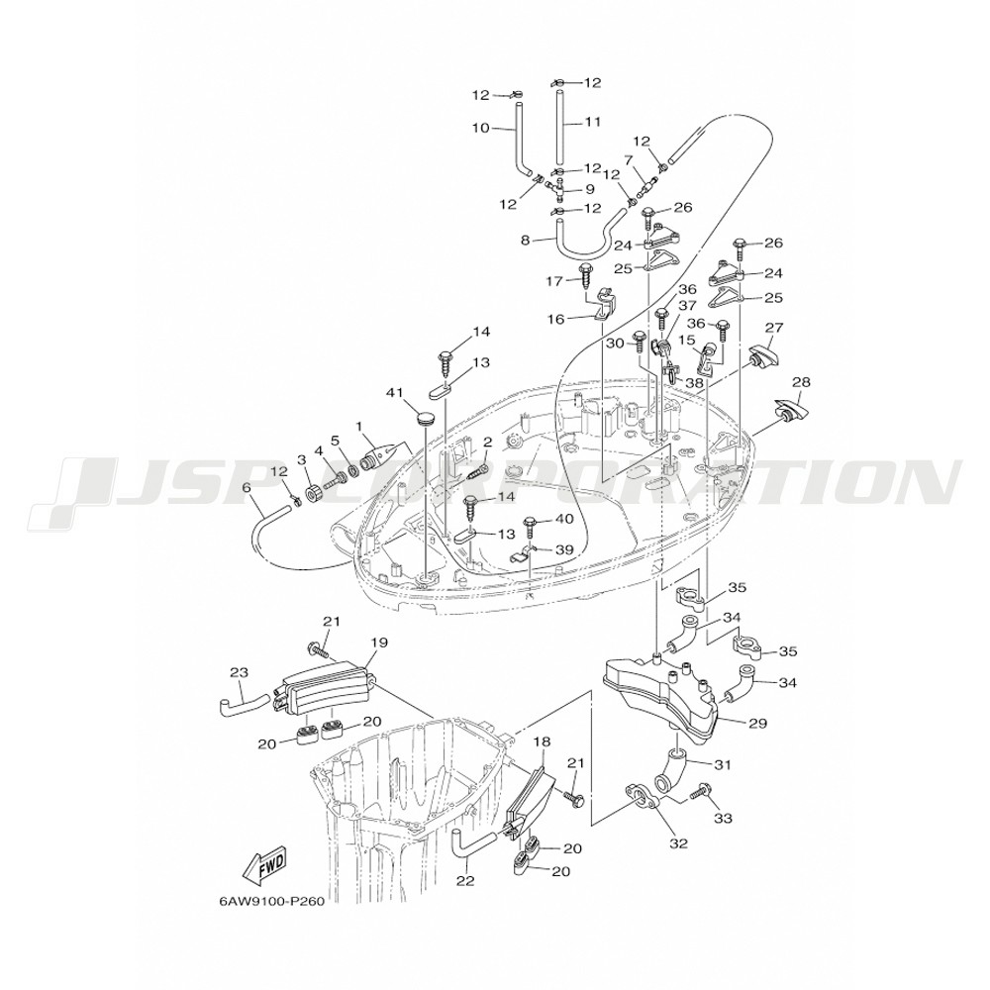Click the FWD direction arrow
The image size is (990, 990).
click(x=264, y=868)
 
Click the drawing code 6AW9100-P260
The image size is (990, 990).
click(x=273, y=902)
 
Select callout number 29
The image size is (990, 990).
click(x=757, y=724)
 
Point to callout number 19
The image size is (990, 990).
click(x=376, y=643)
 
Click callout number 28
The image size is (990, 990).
click(x=801, y=382)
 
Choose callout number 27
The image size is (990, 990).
click(x=774, y=328)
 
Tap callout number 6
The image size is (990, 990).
click(x=247, y=488)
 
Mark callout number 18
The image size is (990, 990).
click(x=542, y=741)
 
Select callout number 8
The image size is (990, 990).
click(x=527, y=239)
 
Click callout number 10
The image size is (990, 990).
click(x=480, y=128)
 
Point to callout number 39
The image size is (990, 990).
click(x=563, y=549)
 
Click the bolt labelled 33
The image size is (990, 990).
click(x=700, y=791)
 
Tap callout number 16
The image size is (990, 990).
click(x=555, y=319)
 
